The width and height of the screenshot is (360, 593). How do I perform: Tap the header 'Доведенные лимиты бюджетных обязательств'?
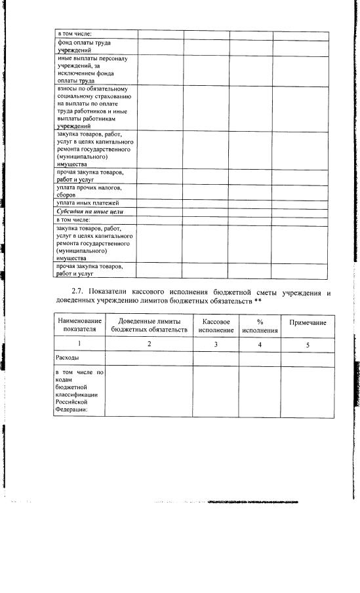click(x=149, y=326)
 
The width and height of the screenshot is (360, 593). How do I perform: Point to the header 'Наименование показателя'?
click(x=80, y=325)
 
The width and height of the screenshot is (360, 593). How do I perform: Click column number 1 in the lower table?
click(x=80, y=344)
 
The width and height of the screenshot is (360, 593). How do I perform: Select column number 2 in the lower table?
click(x=149, y=344)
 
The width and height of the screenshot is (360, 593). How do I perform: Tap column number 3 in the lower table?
click(x=216, y=344)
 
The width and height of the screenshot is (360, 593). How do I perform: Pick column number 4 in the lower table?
click(x=260, y=344)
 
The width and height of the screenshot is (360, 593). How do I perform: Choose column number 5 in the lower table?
click(x=308, y=344)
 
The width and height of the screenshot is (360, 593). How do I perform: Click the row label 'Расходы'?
click(x=68, y=358)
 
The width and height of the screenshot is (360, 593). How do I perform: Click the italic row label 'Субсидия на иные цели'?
click(x=90, y=212)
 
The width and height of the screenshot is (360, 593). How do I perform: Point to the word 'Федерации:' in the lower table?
click(x=71, y=411)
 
